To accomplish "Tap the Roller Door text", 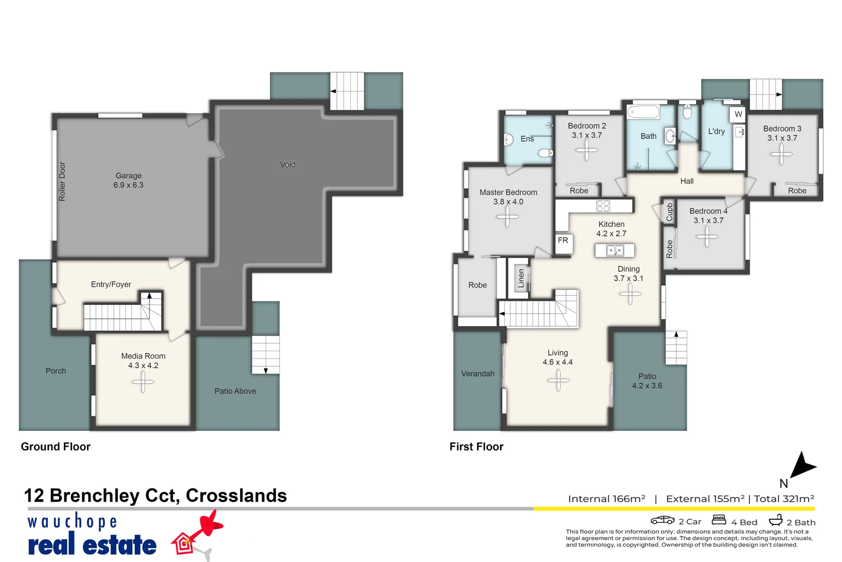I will [x=62, y=182].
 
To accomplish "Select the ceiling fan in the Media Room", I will [x=143, y=382].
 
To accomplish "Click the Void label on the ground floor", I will [x=287, y=164].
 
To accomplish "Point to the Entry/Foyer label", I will [x=111, y=284].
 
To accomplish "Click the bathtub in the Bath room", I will [x=643, y=112].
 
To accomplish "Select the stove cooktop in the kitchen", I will [x=603, y=206].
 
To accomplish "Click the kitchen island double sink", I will [x=615, y=251].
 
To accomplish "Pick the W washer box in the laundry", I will [x=738, y=114].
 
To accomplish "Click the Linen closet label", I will [x=521, y=278].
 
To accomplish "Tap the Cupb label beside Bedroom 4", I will [x=669, y=212].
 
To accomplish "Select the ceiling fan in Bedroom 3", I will [x=781, y=154].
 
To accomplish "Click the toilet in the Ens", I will [x=546, y=153].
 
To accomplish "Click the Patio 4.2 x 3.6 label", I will [x=647, y=381].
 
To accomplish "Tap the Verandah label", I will [x=478, y=374].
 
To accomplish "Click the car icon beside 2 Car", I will [x=662, y=520].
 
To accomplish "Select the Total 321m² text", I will [x=784, y=499].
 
